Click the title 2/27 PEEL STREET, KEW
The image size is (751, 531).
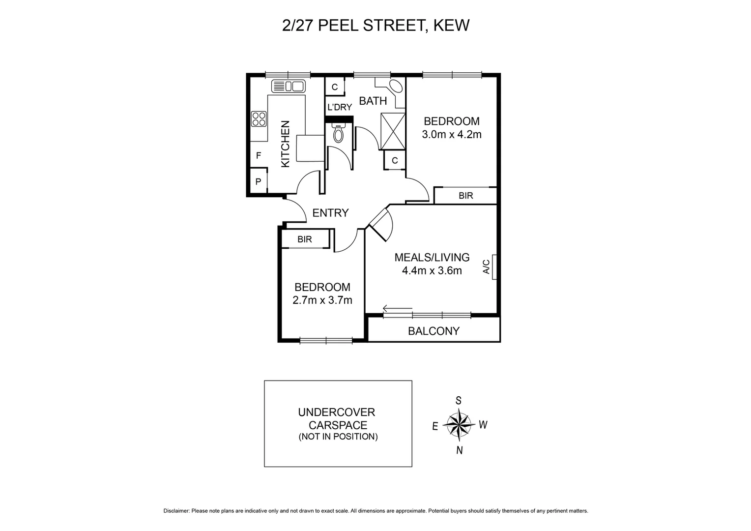(x=375, y=25)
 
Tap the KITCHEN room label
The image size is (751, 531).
(x=285, y=144)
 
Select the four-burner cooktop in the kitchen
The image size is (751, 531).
(x=259, y=119)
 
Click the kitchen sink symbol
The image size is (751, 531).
(x=289, y=86)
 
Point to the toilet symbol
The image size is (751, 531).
(x=339, y=133)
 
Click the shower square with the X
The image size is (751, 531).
(x=393, y=131)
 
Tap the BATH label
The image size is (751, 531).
(x=373, y=101)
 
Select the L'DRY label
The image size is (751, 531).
(x=339, y=107)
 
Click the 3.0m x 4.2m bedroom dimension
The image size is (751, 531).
(x=451, y=134)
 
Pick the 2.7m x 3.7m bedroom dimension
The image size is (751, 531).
(x=322, y=300)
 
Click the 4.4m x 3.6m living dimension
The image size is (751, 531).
(x=432, y=270)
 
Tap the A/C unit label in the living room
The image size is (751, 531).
(x=487, y=267)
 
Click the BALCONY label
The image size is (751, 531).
(x=433, y=331)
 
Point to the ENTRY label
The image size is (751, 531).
(x=330, y=212)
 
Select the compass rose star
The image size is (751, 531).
(x=458, y=424)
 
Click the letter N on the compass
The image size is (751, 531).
(x=459, y=450)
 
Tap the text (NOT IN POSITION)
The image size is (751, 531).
(x=338, y=437)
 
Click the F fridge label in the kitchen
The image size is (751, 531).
(x=258, y=156)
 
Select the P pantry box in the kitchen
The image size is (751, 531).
(x=258, y=181)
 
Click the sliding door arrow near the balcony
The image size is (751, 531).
(x=397, y=309)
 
